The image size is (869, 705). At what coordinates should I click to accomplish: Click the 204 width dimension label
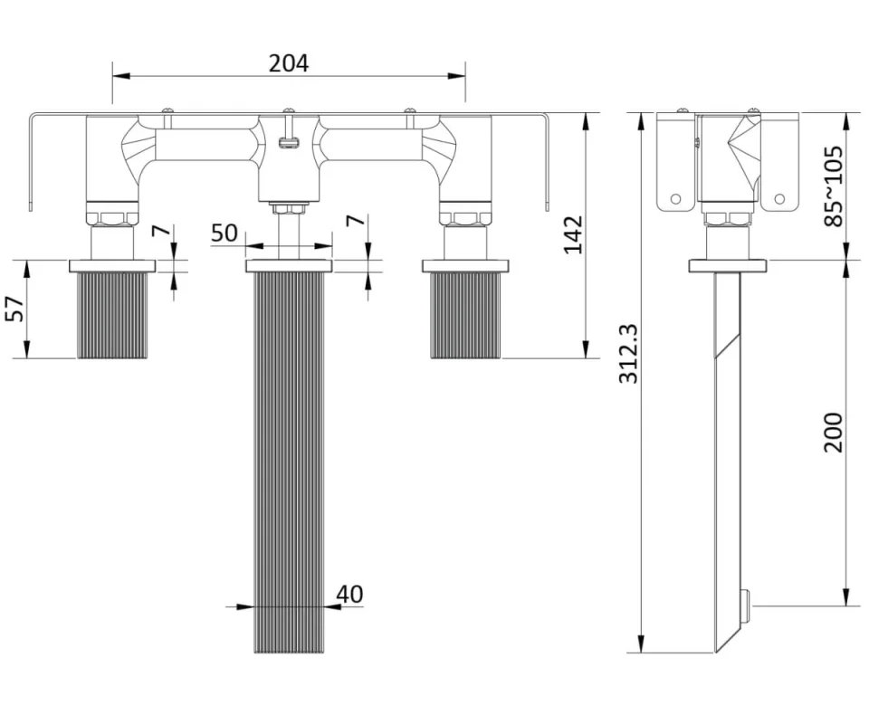(x=289, y=63)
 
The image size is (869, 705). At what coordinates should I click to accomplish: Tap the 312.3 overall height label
(x=628, y=354)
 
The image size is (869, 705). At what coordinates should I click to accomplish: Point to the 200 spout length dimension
(x=833, y=432)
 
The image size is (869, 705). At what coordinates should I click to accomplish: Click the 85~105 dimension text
(x=833, y=186)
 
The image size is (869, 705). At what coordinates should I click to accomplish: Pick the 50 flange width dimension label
(x=224, y=233)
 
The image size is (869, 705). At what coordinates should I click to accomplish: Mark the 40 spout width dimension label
(x=349, y=594)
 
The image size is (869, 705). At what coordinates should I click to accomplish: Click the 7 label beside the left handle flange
(x=159, y=230)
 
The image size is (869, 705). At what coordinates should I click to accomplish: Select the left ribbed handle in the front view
(x=112, y=314)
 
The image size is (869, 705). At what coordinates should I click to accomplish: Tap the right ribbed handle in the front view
(x=465, y=314)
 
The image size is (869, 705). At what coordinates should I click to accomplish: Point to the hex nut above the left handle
(x=112, y=217)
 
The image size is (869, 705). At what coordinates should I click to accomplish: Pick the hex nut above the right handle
(x=464, y=217)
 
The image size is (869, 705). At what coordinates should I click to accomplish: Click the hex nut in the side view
(x=729, y=218)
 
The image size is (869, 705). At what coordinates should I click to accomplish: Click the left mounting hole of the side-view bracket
(x=674, y=198)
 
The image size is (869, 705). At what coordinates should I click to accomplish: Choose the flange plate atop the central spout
(x=289, y=265)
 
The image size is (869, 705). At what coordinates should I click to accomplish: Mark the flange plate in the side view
(x=729, y=265)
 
